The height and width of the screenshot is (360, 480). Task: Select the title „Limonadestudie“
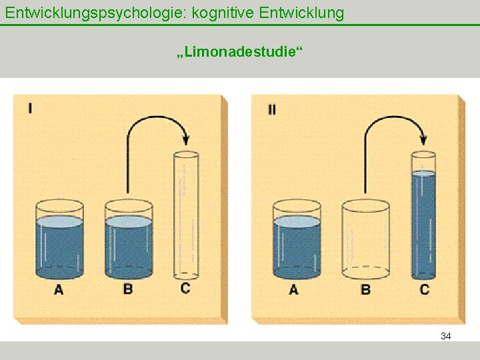pos(239,51)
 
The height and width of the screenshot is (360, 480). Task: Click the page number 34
pos(446,336)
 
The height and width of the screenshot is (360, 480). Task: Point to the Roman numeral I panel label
pos(31,107)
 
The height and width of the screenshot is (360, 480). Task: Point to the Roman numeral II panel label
pos(272,109)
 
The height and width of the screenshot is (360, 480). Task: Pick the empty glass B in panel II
pos(365,240)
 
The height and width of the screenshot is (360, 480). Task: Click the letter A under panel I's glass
pos(59,289)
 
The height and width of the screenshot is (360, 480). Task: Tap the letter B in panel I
pos(128,289)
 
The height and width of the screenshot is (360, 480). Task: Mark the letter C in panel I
pos(185,288)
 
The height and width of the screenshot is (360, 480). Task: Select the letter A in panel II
pos(294,289)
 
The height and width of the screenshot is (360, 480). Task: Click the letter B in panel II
pos(365,289)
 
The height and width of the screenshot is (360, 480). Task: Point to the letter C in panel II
pos(425,289)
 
